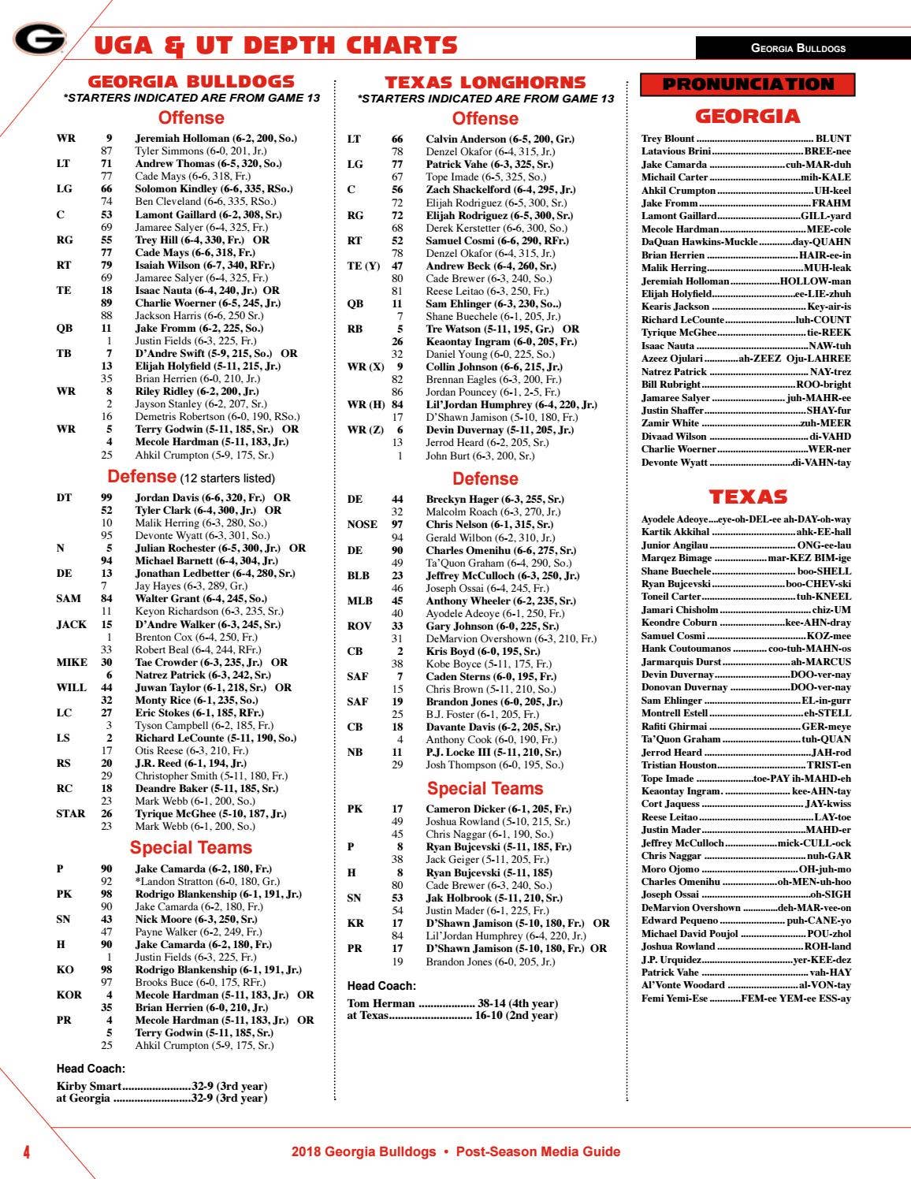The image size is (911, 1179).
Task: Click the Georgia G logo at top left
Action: point(39,39)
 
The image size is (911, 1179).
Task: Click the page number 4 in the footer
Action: point(26,1152)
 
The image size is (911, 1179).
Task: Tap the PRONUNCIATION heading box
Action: point(747,84)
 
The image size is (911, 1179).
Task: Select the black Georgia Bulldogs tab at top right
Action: point(798,48)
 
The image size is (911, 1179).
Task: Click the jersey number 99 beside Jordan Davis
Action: point(106,497)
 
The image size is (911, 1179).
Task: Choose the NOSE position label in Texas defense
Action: point(362,524)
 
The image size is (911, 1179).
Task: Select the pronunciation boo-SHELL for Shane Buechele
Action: point(824,571)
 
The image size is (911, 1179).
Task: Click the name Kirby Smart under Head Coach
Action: point(89,1086)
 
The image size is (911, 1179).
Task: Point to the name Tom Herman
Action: point(381,1003)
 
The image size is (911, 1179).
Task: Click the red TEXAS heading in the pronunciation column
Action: point(747,497)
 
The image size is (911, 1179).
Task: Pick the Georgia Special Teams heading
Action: point(191,847)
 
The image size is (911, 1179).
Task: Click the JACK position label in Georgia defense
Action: point(72,624)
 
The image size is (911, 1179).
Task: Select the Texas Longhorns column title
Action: point(485,82)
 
